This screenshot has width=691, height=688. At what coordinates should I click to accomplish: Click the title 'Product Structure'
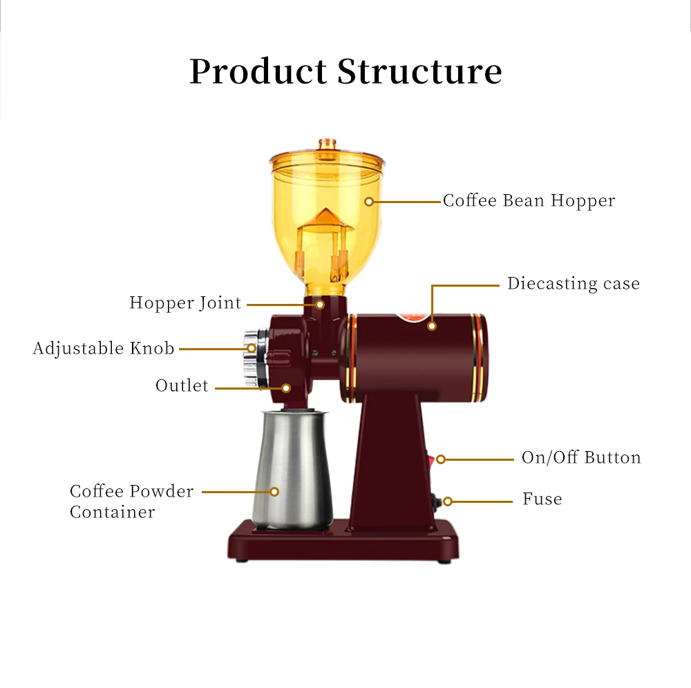pyautogui.click(x=345, y=72)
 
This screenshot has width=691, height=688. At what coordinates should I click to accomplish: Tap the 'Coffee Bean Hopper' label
pyautogui.click(x=529, y=201)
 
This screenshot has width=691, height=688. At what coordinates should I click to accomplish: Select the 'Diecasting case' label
pyautogui.click(x=574, y=284)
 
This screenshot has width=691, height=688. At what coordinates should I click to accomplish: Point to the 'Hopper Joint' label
pyautogui.click(x=185, y=303)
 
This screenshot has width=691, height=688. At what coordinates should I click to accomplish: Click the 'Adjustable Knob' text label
pyautogui.click(x=104, y=348)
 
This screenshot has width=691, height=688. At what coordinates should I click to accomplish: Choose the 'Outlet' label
pyautogui.click(x=182, y=385)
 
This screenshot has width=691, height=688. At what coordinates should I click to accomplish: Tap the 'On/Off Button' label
pyautogui.click(x=581, y=458)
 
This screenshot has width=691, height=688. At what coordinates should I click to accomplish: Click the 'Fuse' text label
pyautogui.click(x=542, y=499)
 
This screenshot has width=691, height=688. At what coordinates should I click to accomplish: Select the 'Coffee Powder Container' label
pyautogui.click(x=122, y=501)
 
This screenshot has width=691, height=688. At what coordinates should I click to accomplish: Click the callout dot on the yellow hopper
pyautogui.click(x=369, y=202)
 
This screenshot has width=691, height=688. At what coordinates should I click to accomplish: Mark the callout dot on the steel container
pyautogui.click(x=274, y=492)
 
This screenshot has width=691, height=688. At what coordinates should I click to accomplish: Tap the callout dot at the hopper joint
pyautogui.click(x=320, y=304)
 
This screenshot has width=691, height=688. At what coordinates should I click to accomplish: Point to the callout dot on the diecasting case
pyautogui.click(x=432, y=325)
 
